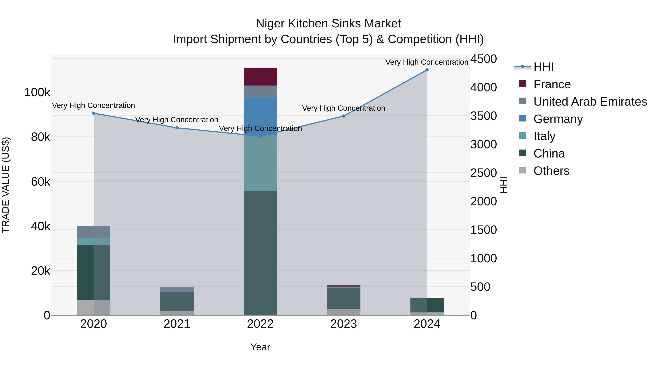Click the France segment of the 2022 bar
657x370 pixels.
(x=260, y=77)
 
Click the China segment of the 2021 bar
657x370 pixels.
(x=177, y=301)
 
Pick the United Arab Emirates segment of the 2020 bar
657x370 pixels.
(x=94, y=232)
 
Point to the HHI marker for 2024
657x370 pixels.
(x=427, y=70)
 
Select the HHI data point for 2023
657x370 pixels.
(x=343, y=116)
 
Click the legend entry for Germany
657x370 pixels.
(x=558, y=119)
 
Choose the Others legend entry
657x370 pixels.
(x=551, y=171)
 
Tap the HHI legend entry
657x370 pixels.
(x=543, y=67)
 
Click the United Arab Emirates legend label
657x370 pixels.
(x=590, y=102)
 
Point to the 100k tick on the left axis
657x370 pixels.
(x=37, y=92)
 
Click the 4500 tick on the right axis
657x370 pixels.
(x=483, y=59)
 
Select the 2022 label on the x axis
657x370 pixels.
(x=260, y=324)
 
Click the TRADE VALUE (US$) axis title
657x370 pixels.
(x=6, y=185)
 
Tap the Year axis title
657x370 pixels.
(x=260, y=347)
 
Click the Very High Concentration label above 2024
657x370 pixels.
(x=427, y=62)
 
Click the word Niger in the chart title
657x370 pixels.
(x=270, y=24)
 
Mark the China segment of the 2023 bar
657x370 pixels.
(x=343, y=298)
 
